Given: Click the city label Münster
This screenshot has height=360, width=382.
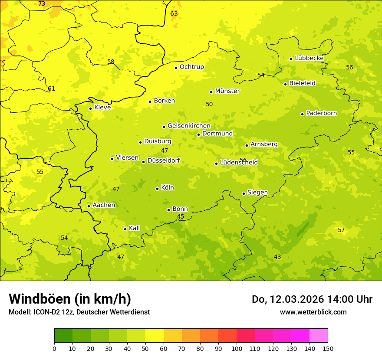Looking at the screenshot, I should [227, 91].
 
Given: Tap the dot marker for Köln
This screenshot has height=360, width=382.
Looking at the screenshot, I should [157, 189].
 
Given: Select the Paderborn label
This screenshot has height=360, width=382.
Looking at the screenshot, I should [321, 113].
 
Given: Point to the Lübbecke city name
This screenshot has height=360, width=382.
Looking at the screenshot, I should [309, 58].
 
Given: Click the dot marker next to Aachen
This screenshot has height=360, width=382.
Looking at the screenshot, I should [89, 206].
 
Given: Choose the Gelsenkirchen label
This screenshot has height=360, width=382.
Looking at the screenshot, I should [189, 126].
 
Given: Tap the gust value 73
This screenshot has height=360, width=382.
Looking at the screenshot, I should [42, 4].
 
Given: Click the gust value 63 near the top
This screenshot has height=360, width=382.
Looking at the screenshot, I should [174, 13].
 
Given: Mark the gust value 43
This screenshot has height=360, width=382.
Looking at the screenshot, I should [277, 257].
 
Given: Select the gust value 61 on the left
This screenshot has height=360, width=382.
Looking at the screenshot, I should [52, 88].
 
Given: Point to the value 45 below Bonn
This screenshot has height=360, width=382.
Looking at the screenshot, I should [181, 216].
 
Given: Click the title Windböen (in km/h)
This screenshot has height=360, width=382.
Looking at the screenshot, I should [70, 299].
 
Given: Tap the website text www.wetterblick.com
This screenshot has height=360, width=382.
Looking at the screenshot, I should [313, 312].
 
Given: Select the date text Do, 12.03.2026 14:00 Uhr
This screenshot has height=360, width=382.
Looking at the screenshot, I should [312, 299].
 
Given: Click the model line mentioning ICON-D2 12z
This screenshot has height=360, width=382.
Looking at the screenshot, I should [79, 312].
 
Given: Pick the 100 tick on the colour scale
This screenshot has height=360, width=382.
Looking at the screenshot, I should [237, 348].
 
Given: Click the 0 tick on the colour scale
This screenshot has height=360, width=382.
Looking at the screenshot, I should [54, 348].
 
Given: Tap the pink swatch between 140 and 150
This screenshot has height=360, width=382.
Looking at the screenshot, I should [319, 336].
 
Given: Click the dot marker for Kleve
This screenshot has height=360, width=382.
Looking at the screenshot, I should [90, 108].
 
